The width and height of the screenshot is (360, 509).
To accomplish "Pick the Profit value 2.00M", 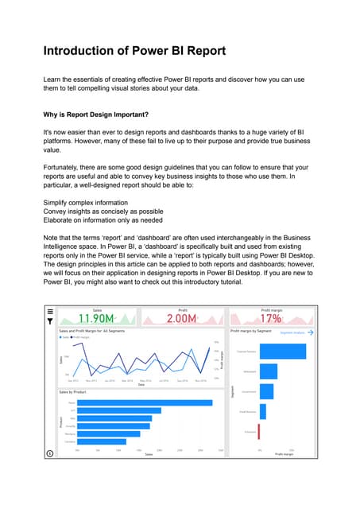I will (183, 319).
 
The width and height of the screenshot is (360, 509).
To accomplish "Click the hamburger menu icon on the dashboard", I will (50, 312).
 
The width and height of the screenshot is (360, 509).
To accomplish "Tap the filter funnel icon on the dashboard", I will (50, 322).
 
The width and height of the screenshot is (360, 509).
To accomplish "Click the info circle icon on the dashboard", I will (50, 453).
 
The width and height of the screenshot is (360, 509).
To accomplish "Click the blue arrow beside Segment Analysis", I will (311, 332).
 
